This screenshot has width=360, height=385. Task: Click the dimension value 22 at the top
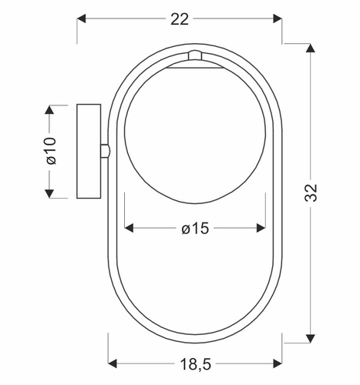[180, 19]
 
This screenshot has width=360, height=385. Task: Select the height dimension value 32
[311, 192]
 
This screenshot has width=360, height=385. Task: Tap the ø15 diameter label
[195, 228]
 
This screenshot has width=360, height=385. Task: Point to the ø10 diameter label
[51, 151]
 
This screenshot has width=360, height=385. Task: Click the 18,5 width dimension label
[196, 364]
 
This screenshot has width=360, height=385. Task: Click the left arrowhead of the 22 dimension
[81, 18]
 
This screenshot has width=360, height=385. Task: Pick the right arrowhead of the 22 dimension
[278, 18]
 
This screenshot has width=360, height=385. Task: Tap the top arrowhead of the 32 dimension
[311, 49]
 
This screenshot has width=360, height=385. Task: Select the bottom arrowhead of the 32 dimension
[311, 339]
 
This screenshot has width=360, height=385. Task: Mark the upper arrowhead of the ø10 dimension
[49, 109]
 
